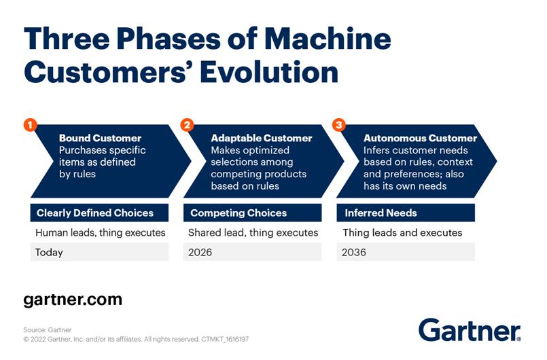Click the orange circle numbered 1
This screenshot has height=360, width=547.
pos(31,125)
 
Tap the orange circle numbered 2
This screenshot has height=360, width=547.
pos(187,125)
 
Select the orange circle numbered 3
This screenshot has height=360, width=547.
pos(339,125)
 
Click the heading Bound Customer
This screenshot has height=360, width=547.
pos(100,138)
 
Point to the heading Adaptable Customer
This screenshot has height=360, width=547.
pos(262,138)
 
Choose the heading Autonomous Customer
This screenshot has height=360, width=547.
pos(420,138)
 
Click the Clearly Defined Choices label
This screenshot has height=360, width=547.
pos(95,213)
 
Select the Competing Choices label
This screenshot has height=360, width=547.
pos(239,213)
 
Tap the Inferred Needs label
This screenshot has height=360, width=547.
pos(381,213)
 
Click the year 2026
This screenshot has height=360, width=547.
pos(200,252)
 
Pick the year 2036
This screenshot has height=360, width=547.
pos(354,252)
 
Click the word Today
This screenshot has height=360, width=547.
pos(49,252)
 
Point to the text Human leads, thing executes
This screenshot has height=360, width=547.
pos(101,233)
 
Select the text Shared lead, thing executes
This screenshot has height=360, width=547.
pos(253,233)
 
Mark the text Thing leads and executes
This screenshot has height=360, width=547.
pos(402,233)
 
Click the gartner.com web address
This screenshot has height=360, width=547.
pos(73,300)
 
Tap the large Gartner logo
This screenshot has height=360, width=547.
pos(470,329)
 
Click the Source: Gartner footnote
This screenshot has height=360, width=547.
pos(47,329)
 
